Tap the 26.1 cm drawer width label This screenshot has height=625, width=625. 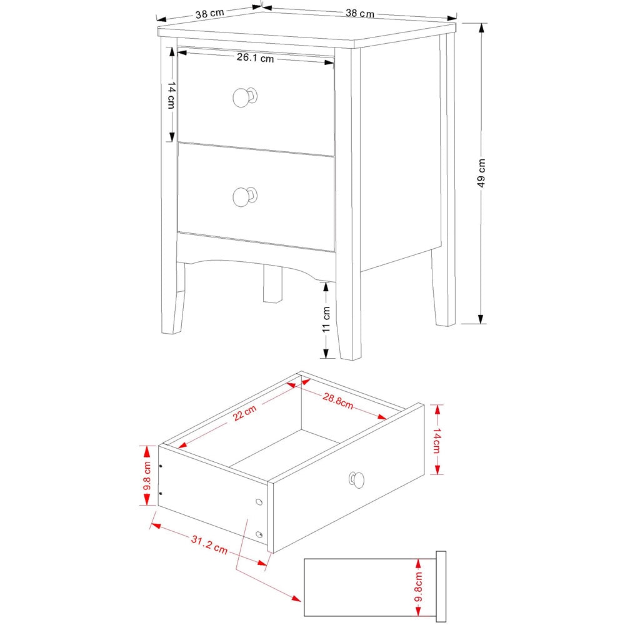point(255,59)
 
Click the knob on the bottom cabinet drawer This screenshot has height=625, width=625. point(244,196)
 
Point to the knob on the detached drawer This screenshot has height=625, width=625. point(356,479)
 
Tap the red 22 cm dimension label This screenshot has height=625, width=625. point(245,412)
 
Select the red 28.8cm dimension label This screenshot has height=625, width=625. point(338,401)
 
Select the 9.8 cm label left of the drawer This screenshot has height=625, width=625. point(147,476)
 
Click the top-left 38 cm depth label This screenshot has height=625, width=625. point(209,14)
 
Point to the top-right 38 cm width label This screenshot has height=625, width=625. point(359,13)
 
